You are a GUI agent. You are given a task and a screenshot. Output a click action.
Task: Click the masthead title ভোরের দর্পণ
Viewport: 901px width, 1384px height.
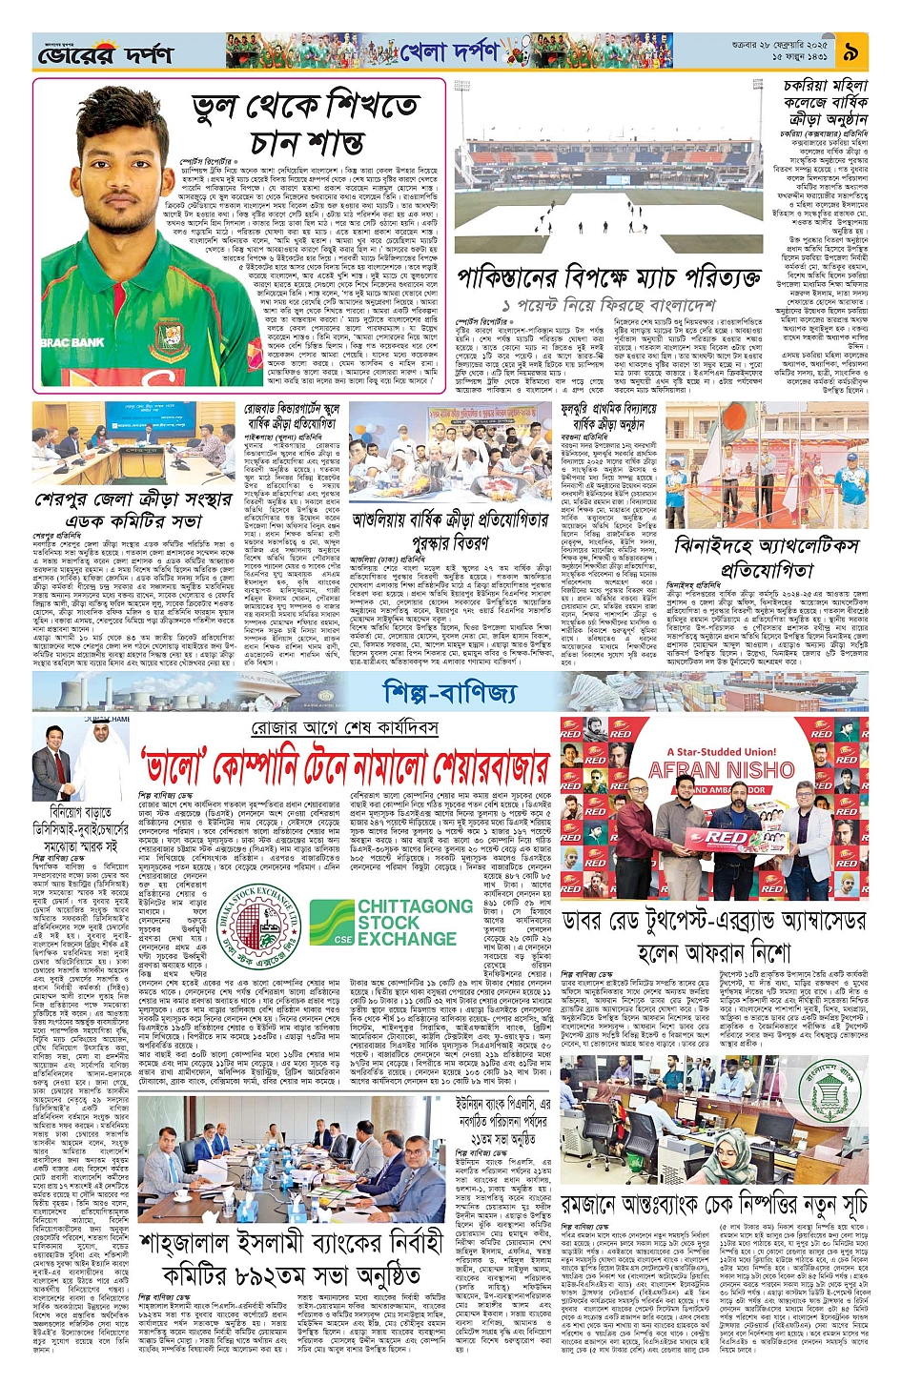coord(93,55)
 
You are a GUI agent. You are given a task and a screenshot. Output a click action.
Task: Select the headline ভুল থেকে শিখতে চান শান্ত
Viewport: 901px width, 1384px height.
coord(304,123)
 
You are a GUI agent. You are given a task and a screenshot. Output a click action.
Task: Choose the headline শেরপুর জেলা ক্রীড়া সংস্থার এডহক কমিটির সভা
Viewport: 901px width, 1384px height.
coord(133,510)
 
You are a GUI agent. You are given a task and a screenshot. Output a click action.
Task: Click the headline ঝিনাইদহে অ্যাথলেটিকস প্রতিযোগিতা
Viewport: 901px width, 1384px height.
coord(767,558)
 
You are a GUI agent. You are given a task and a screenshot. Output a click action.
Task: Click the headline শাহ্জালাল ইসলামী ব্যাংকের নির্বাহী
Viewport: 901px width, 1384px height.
coord(291,1243)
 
